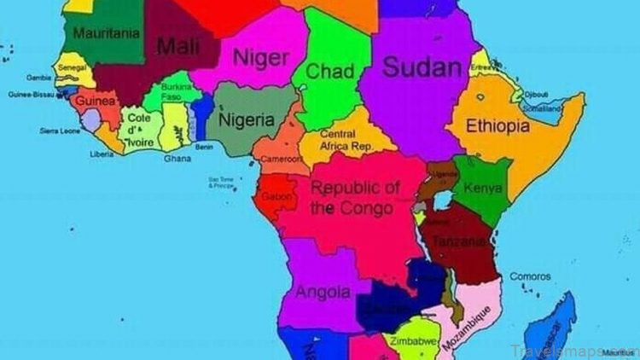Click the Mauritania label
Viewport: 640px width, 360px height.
tap(106, 33)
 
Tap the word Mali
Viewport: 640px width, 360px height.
tap(178, 44)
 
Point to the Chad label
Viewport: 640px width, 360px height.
tap(329, 72)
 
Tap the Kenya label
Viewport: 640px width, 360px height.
tap(482, 188)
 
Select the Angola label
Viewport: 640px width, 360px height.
tap(323, 292)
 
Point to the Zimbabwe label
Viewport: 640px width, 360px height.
tap(413, 342)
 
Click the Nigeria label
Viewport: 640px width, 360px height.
tap(247, 120)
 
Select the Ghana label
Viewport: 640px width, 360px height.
tap(177, 158)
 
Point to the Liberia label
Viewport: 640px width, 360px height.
tap(102, 154)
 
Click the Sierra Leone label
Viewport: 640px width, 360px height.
tap(60, 131)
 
